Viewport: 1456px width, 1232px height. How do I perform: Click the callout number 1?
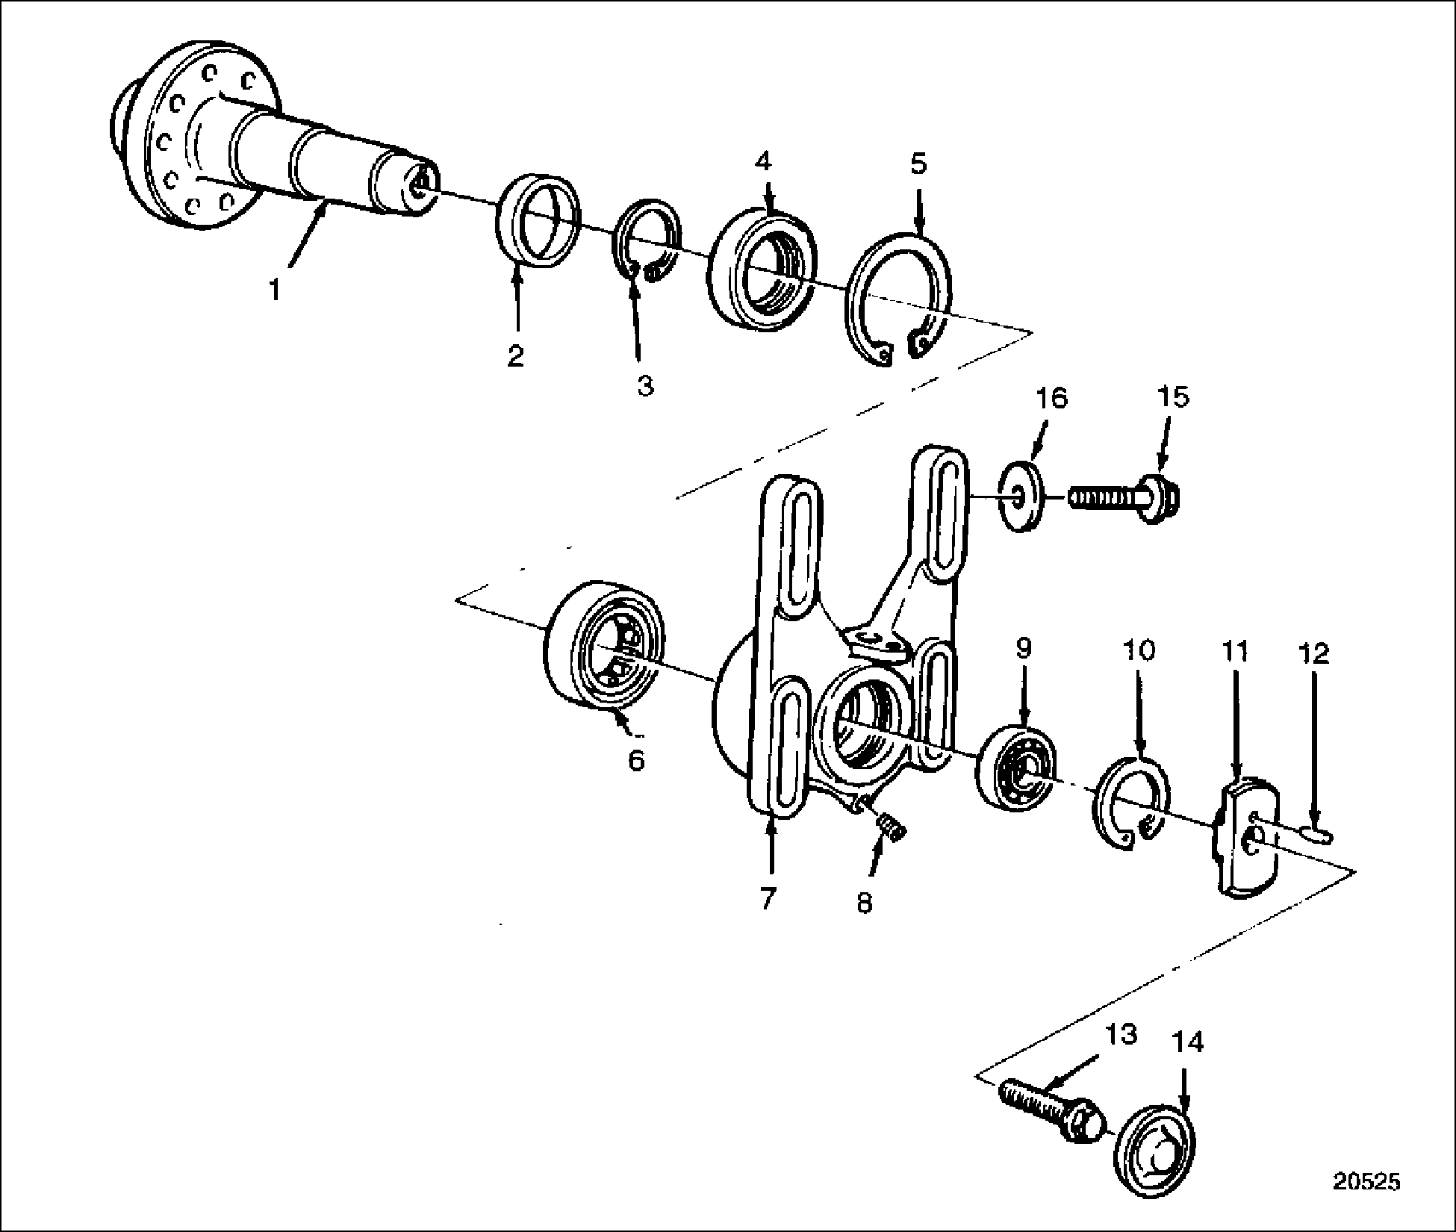275,289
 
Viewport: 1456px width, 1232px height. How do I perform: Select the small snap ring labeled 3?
647,242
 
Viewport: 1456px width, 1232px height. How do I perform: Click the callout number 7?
769,898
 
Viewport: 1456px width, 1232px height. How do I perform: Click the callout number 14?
1188,1042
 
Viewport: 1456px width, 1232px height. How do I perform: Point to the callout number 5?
918,163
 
